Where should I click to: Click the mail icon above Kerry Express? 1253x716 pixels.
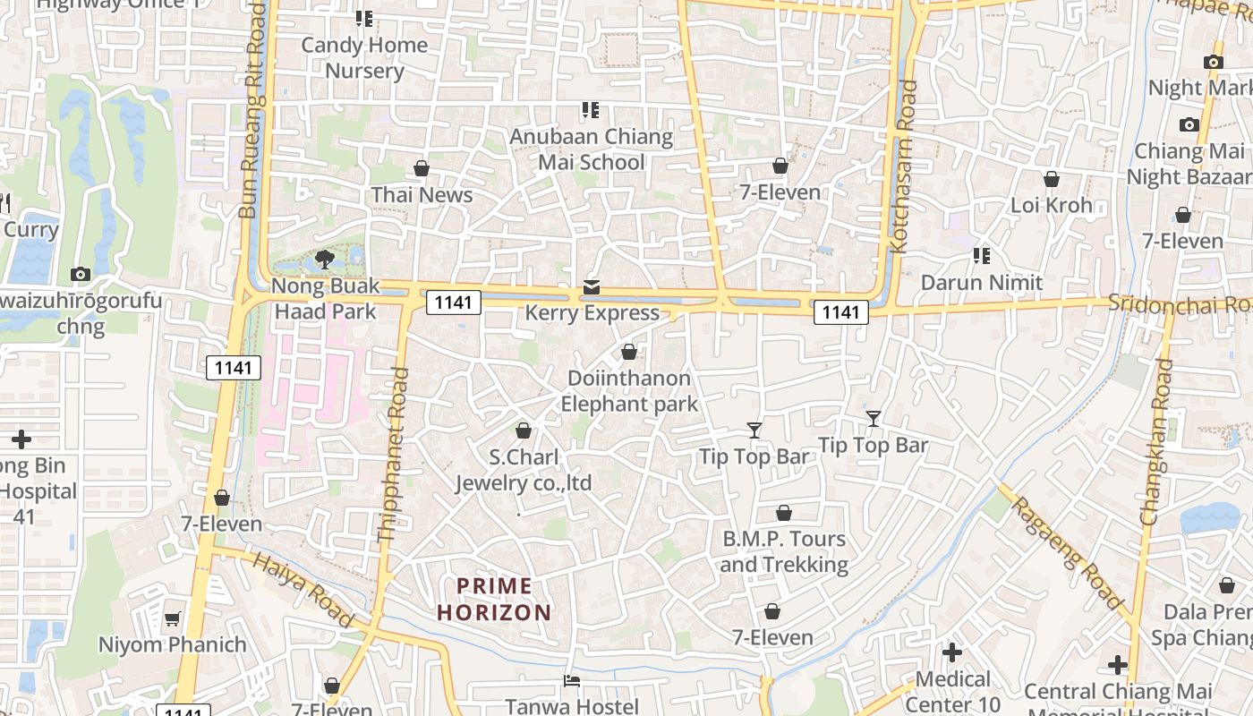[592, 287]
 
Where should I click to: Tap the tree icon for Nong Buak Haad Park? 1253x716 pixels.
[325, 260]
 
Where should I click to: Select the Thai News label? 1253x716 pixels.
[422, 194]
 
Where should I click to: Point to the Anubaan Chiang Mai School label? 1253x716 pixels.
[591, 149]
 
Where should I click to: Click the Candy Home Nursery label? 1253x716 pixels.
[364, 57]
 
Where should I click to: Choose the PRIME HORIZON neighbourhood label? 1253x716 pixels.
[494, 600]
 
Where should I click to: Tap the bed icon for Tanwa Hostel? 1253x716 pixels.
[572, 681]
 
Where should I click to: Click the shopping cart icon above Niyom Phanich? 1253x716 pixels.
[173, 619]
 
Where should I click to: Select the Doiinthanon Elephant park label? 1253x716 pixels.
[629, 391]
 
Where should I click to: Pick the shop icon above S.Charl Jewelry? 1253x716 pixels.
[524, 431]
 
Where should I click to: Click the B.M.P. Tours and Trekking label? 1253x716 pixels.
[784, 551]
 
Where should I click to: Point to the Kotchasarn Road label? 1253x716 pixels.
[906, 166]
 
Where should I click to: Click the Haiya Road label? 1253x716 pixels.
[303, 588]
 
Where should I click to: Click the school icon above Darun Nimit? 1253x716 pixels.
[982, 257]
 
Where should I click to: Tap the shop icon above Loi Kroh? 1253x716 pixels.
[1052, 180]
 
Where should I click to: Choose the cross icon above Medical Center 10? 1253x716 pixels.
[952, 652]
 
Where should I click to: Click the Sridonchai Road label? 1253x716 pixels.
[1180, 303]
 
